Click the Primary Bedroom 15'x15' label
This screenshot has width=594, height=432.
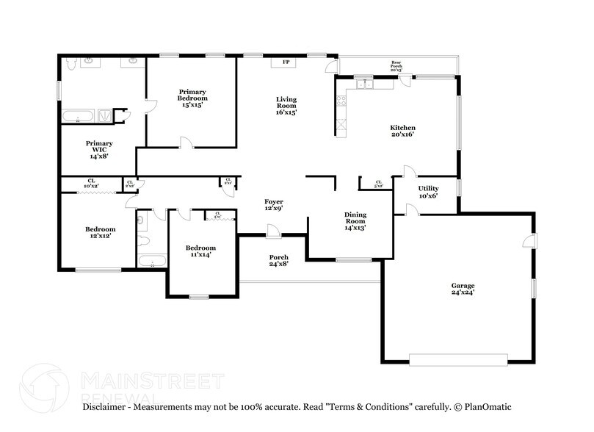(x=192, y=98)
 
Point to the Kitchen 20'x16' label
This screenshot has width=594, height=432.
(x=402, y=131)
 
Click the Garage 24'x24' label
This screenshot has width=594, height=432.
(x=463, y=289)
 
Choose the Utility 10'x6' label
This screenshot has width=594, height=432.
(x=428, y=192)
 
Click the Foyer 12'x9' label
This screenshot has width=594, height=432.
(x=274, y=205)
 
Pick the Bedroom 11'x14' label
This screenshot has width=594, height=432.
(x=200, y=251)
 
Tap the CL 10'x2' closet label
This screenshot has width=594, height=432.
(x=91, y=184)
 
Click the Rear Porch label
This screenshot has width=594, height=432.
(x=396, y=66)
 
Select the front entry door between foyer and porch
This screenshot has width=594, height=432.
(x=273, y=231)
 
